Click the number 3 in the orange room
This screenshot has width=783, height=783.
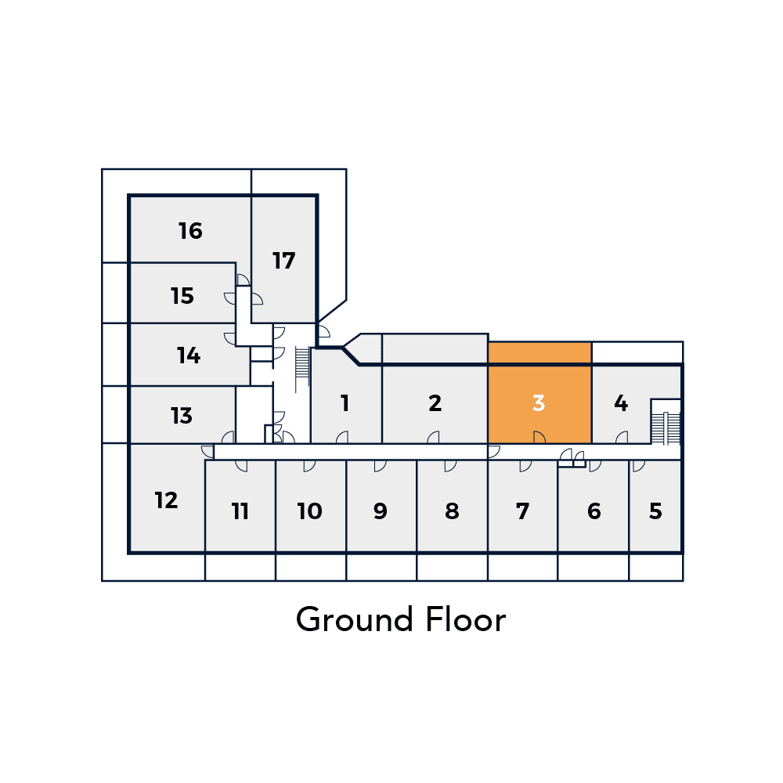[x=539, y=403]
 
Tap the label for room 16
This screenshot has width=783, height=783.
[x=190, y=231]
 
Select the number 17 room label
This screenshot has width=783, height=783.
[x=283, y=261]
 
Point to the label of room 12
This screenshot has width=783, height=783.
[x=166, y=500]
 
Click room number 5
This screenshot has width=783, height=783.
[x=655, y=511]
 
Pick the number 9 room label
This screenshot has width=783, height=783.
[x=380, y=511]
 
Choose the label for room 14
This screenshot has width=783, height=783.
[x=189, y=355]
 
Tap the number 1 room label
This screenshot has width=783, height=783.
[x=345, y=403]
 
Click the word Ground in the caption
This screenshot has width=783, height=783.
[x=354, y=619]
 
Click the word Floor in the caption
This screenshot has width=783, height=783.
[x=466, y=619]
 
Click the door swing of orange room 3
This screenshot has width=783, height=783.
[x=539, y=437]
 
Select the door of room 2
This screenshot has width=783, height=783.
[x=434, y=437]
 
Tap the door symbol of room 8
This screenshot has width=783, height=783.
[x=450, y=466]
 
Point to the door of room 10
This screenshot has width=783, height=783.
[x=309, y=466]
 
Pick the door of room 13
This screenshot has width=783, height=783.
[x=228, y=437]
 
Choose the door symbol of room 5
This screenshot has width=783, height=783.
[x=639, y=466]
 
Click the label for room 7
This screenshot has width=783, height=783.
[x=522, y=511]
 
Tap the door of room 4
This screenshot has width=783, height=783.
[x=622, y=437]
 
